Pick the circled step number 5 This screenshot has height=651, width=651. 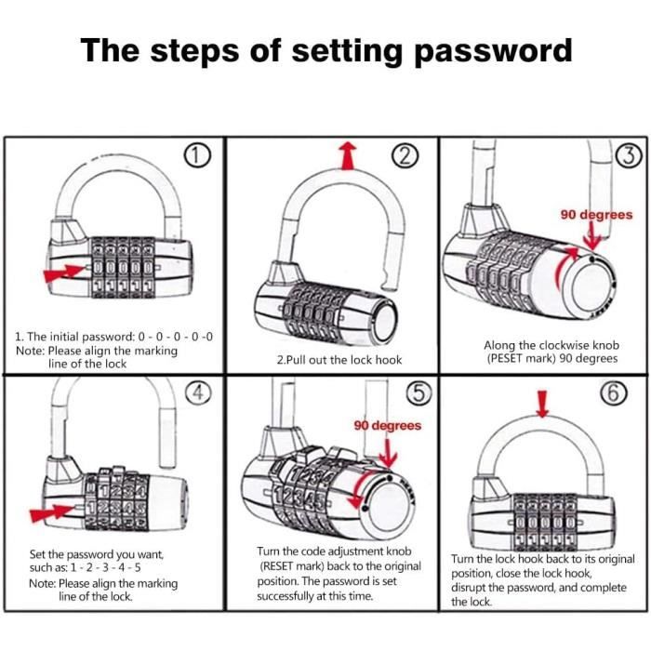point(420,394)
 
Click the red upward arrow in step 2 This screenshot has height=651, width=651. point(348,155)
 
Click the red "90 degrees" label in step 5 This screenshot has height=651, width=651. point(387,425)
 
